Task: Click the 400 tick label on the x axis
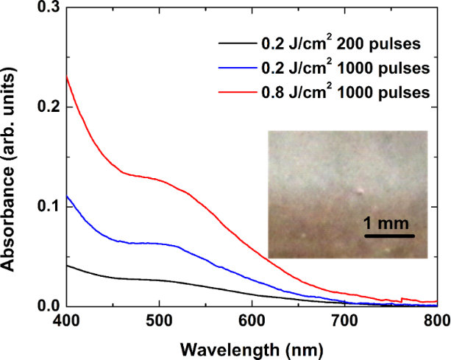pos(66,322)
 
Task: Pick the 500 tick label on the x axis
pos(159,322)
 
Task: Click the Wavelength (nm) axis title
pos(251,346)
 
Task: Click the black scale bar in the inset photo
pos(388,236)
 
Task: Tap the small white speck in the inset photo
pos(361,191)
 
